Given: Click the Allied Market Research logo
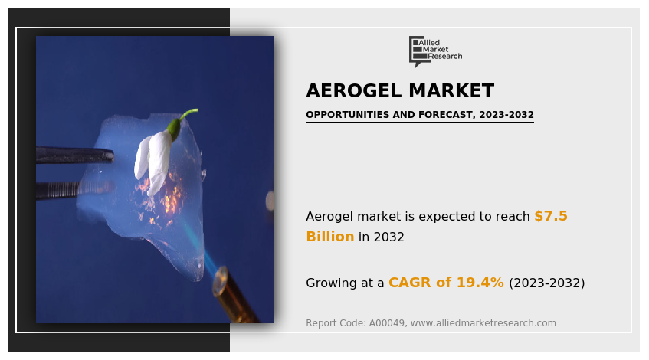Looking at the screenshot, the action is click(x=435, y=51).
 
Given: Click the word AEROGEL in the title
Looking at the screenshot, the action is click(x=354, y=90).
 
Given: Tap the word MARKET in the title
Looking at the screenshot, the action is click(x=451, y=90).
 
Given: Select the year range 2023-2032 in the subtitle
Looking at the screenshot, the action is click(x=506, y=115).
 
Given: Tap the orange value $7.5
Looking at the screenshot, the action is click(x=551, y=215).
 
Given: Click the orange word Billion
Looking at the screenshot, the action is click(x=330, y=236).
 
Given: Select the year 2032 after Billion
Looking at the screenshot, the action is click(x=388, y=237).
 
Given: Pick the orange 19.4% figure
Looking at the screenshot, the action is click(x=480, y=282).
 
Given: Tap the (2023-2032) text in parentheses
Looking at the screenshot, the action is click(x=547, y=283).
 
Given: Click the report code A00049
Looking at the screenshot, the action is click(x=387, y=322).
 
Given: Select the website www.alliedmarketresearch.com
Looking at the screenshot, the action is click(x=483, y=322).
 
